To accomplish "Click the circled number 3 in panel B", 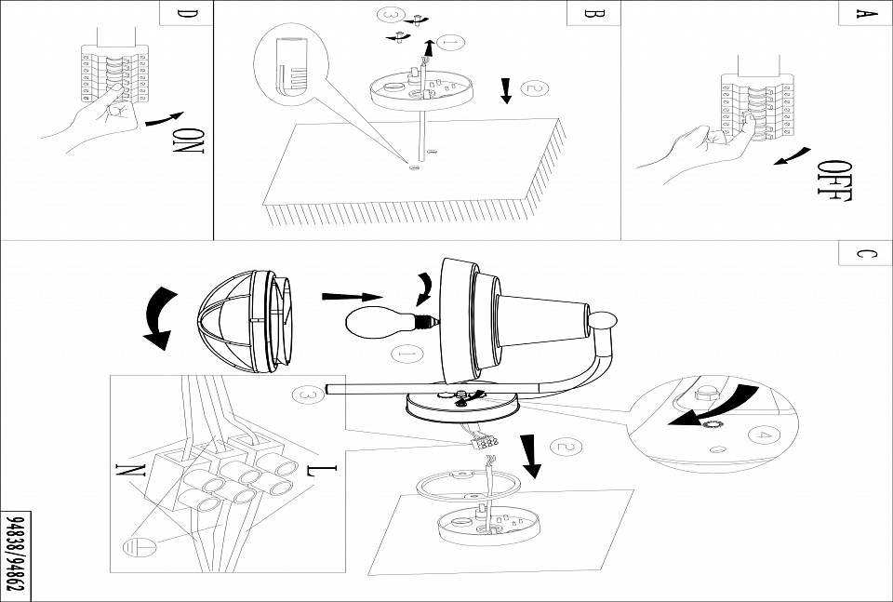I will pyautogui.click(x=392, y=16).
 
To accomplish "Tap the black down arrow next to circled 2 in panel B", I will pyautogui.click(x=506, y=90).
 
